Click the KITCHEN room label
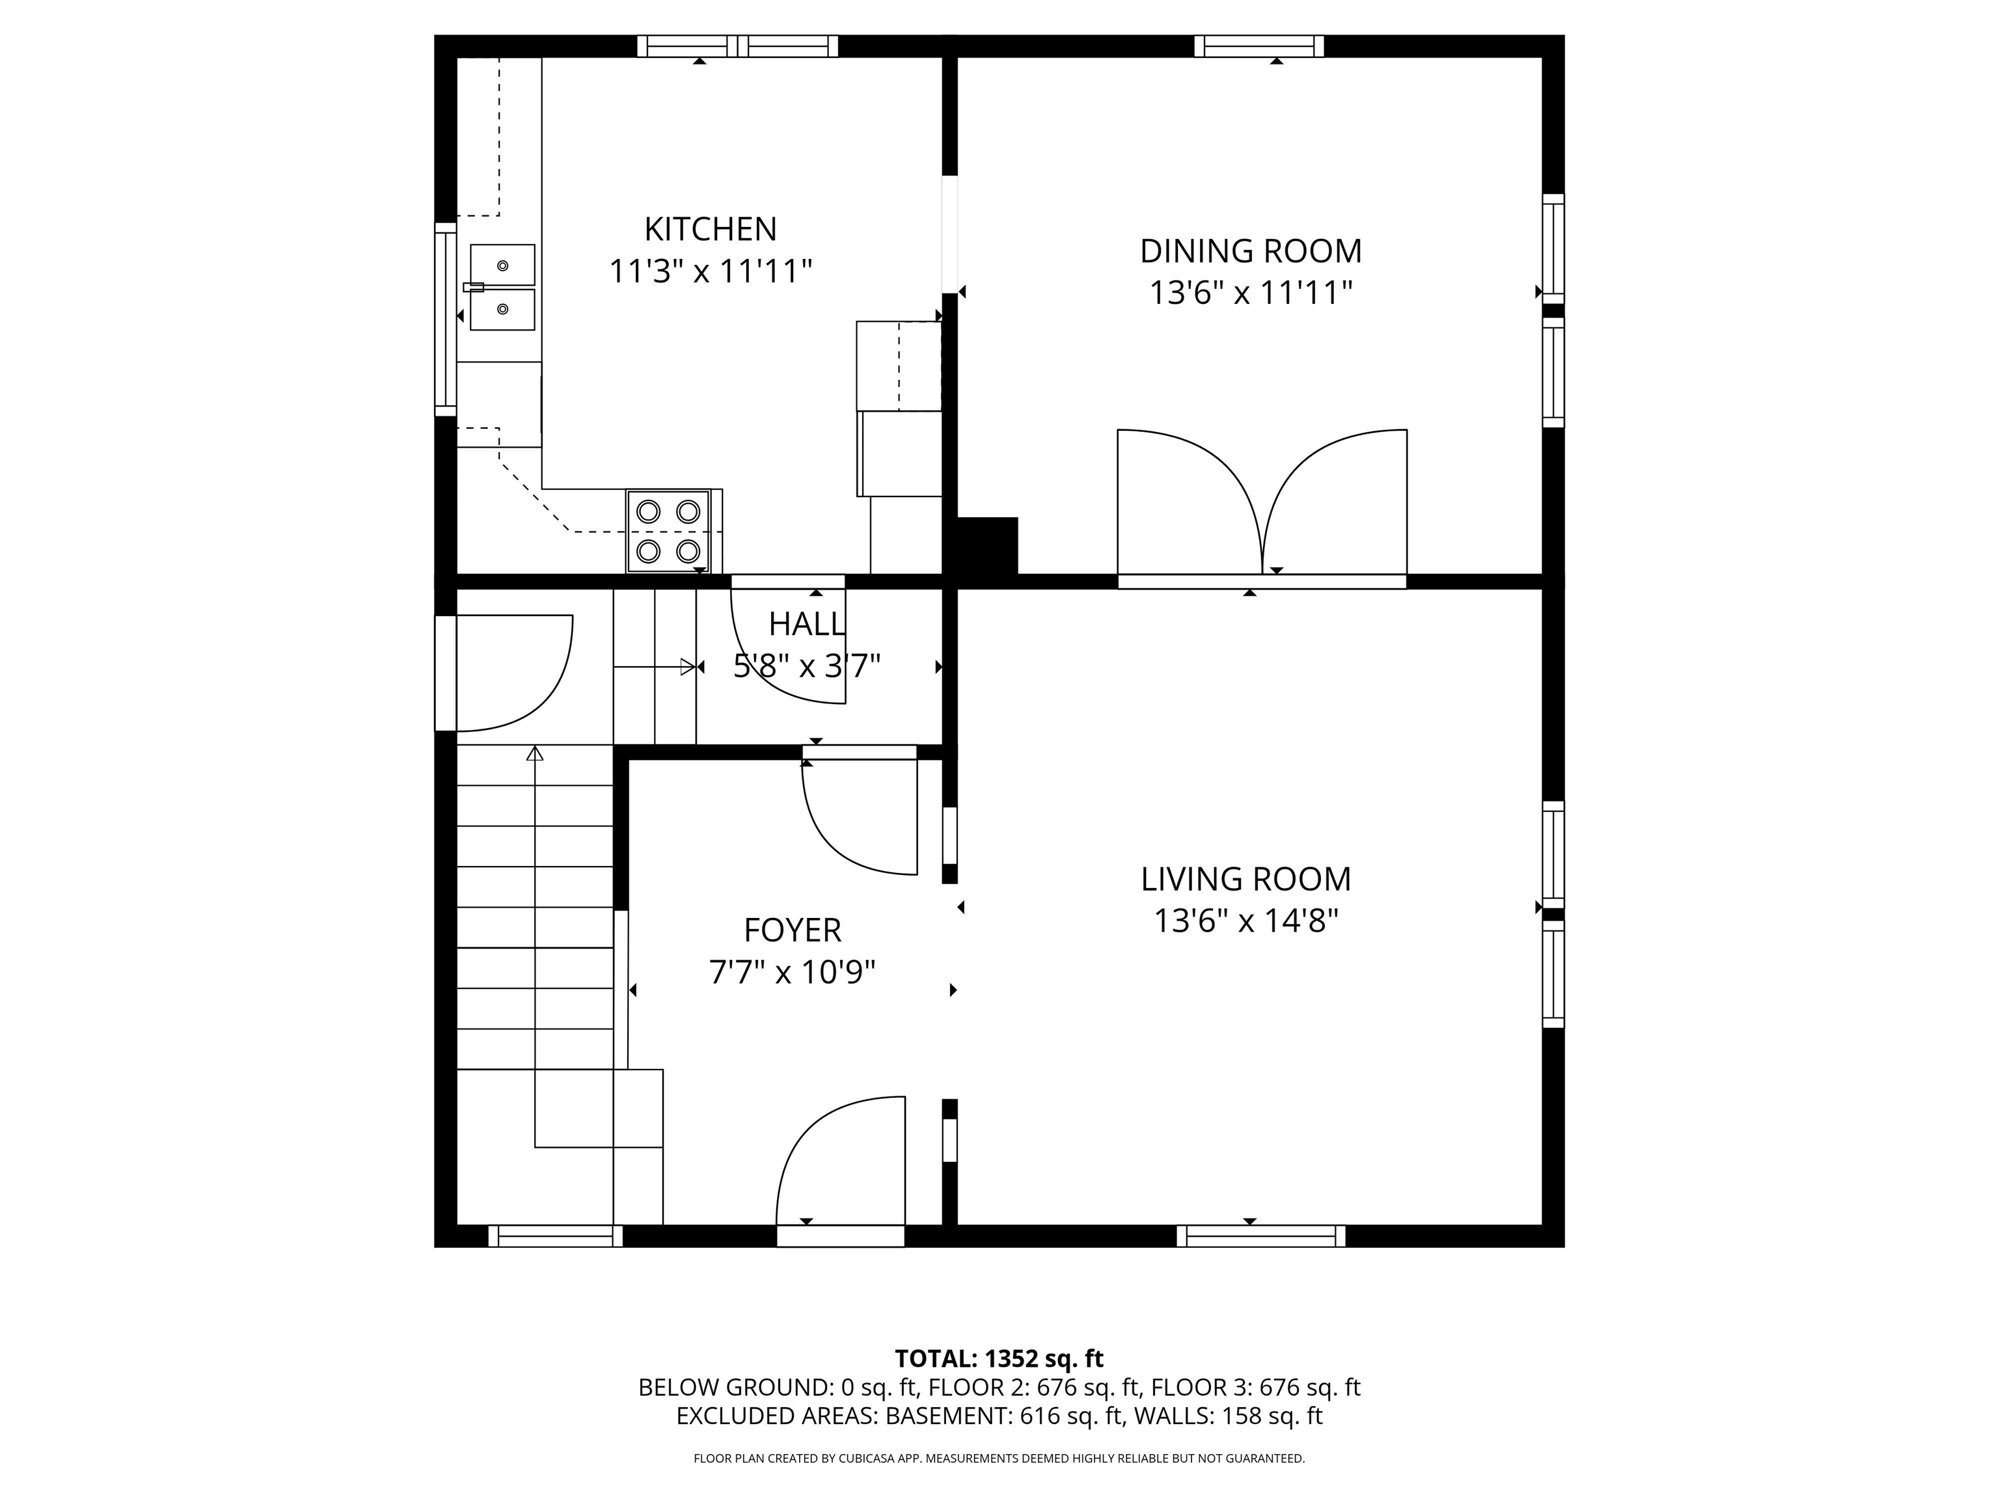(x=711, y=230)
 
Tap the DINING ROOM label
(x=1251, y=251)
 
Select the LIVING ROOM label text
(x=1245, y=879)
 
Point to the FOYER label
(x=793, y=930)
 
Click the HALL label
(x=807, y=623)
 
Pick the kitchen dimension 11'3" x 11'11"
(x=711, y=271)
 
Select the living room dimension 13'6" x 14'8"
(x=1245, y=922)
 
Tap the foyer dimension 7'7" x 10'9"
(x=793, y=972)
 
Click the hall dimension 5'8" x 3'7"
(x=807, y=667)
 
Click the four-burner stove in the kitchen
(x=669, y=532)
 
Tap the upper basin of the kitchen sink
(x=502, y=265)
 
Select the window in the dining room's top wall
(x=1259, y=46)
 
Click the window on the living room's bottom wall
(x=1260, y=1236)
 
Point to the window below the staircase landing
(x=556, y=1236)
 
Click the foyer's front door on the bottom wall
(x=841, y=1236)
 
